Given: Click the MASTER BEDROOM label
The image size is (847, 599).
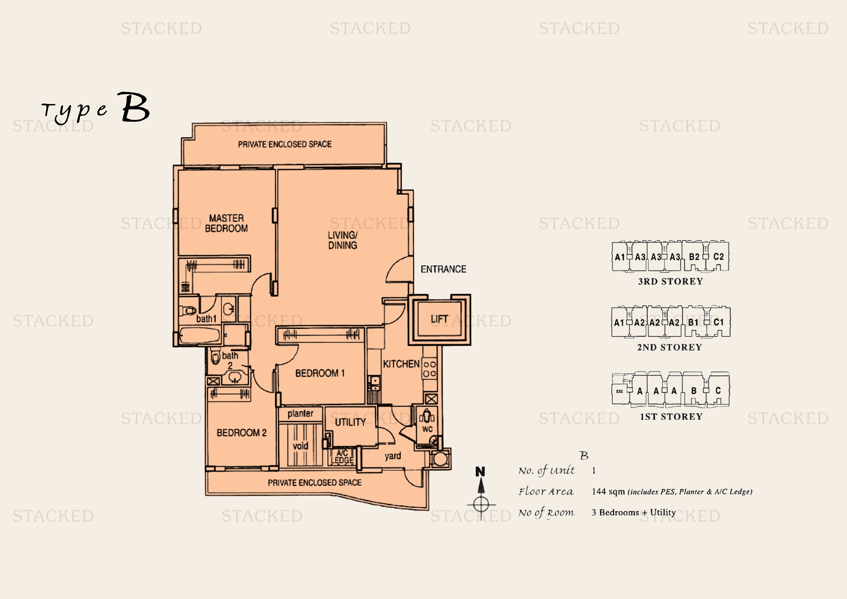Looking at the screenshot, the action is coord(226,223).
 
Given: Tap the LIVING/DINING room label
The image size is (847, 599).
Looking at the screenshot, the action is coord(343,240).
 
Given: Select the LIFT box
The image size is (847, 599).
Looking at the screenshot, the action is coord(439,319).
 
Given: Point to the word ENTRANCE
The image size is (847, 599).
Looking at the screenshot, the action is coord(444,269).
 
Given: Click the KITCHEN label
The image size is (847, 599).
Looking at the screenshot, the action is coord(401,364).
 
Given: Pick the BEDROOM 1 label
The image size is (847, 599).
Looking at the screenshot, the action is coord(320,373).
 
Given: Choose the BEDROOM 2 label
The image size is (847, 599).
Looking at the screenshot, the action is coord(241,433).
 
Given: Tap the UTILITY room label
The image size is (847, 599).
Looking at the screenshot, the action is coord(350,422).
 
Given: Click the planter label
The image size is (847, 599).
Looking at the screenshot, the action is coord(300,414).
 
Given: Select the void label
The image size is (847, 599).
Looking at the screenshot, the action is coord(300,446).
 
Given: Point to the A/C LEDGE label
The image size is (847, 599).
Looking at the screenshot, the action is coord(342,457).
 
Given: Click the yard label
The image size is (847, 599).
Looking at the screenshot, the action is coord(393,456).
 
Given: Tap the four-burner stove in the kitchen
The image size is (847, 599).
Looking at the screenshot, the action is coord(429,368).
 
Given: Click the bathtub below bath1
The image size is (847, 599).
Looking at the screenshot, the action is coord(200,336).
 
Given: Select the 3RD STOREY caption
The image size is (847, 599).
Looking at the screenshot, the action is coord(670,281).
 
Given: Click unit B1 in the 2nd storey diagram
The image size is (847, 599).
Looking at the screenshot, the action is coord(693,322).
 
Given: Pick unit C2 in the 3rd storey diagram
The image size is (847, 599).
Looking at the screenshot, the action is coord(718,257).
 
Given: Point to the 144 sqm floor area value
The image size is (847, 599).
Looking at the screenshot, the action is coord(608,491).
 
